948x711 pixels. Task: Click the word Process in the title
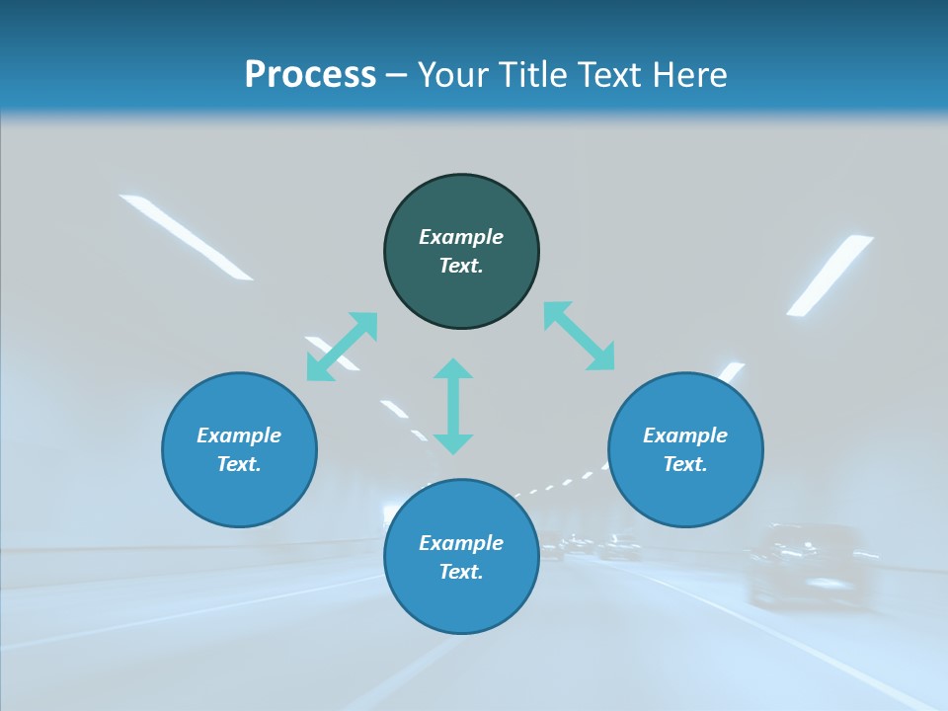click(310, 75)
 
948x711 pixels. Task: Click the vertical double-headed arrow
click(453, 406)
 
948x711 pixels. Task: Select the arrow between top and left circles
click(343, 346)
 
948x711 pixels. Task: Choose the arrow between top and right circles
click(579, 336)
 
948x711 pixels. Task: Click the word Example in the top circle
click(461, 237)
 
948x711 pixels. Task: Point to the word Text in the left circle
click(239, 464)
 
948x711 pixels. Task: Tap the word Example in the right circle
click(685, 435)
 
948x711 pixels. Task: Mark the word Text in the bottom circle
click(461, 572)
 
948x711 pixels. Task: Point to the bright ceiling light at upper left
click(185, 235)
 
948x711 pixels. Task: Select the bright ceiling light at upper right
click(829, 274)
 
